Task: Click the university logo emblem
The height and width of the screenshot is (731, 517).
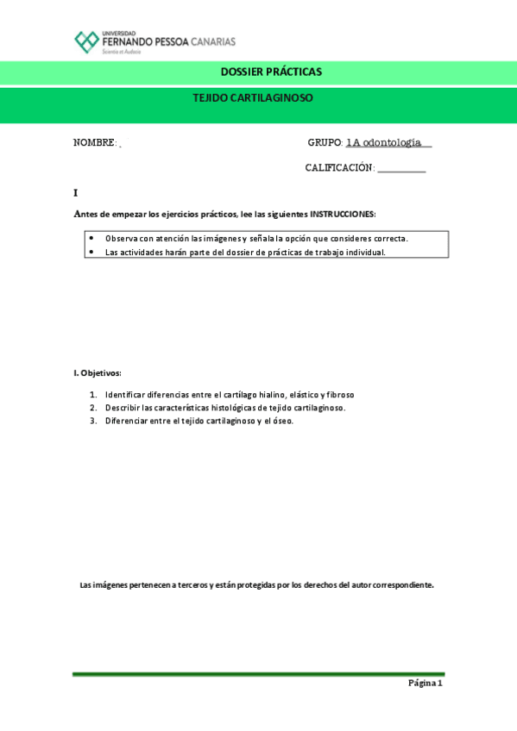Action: [86, 41]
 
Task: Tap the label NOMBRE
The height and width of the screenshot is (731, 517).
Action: [94, 143]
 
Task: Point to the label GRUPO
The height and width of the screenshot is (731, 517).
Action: [325, 143]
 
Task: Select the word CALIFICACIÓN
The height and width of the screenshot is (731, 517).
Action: [339, 168]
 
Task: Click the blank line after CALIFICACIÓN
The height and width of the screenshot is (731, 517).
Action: [401, 169]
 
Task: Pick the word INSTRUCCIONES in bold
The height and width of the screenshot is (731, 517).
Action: [343, 214]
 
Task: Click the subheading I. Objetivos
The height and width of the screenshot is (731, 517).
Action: [98, 373]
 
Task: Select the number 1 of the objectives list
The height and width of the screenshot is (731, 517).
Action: [93, 395]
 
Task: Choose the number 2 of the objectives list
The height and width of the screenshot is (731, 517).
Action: [93, 408]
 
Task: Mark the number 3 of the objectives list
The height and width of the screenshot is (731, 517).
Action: [93, 421]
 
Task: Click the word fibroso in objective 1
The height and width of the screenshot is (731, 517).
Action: [340, 395]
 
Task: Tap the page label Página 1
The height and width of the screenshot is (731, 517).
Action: [425, 684]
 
